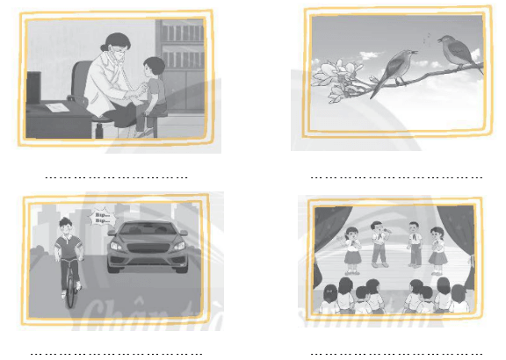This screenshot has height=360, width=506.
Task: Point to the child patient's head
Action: pos(154,68)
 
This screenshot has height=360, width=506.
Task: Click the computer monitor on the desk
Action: pos(33,87)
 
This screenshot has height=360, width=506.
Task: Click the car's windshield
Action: pos(147,232)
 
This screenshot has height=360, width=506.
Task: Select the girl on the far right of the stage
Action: pos(437,248)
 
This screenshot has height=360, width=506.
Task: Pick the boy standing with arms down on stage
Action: pos(412,243)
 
